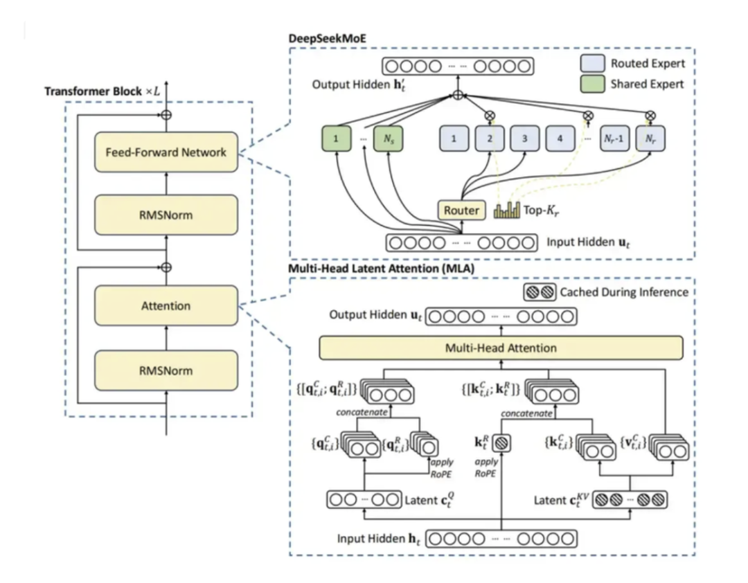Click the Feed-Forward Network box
[x=166, y=152]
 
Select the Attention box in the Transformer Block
[x=166, y=305]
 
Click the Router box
[x=461, y=210]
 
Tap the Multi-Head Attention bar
[x=501, y=348]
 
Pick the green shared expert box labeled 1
[x=336, y=138]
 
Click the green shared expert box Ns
[x=389, y=138]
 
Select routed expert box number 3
[x=525, y=138]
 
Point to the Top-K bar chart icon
[x=508, y=210]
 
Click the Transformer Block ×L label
[x=106, y=92]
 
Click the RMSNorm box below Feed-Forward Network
[x=166, y=215]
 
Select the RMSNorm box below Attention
[x=166, y=370]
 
